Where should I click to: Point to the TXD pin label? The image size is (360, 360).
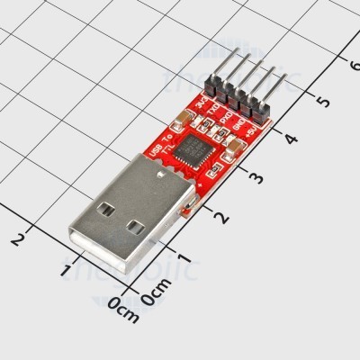213,112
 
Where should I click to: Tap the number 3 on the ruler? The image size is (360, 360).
258,177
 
